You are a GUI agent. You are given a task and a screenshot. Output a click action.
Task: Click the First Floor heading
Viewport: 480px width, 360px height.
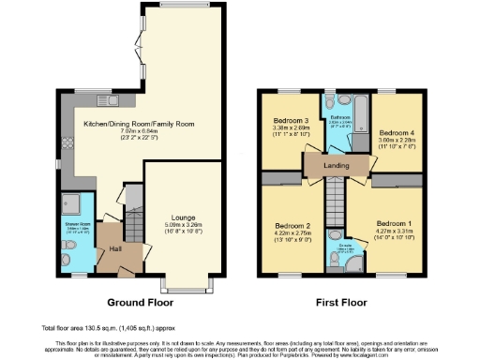pyautogui.click(x=339, y=302)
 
